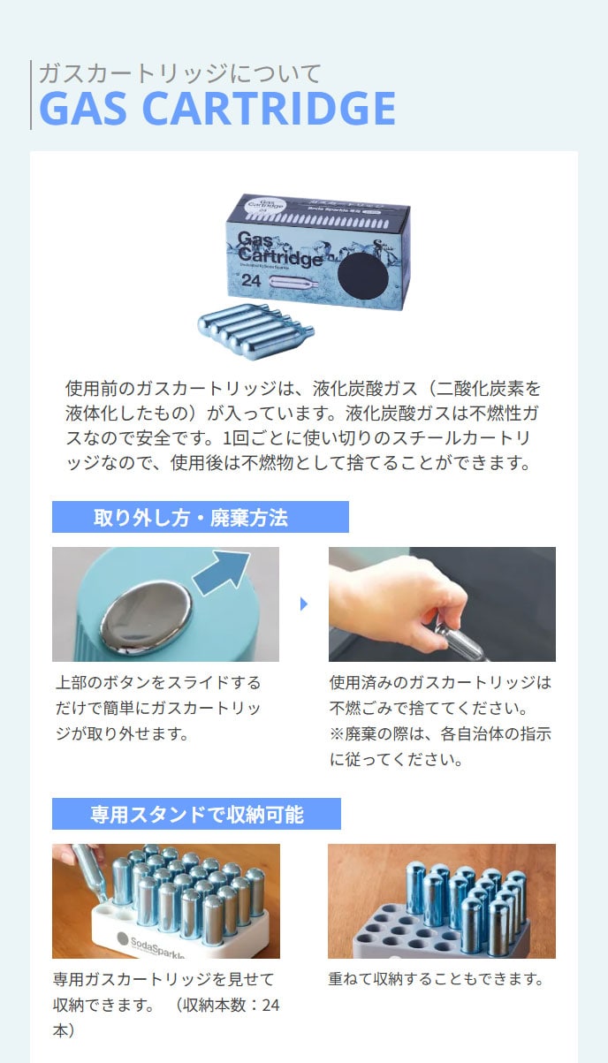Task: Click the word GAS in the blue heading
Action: (x=84, y=108)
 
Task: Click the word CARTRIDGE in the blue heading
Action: (x=270, y=108)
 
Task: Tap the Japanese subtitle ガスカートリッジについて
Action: (x=180, y=73)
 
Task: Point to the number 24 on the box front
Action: (x=251, y=280)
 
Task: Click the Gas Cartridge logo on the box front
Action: (x=279, y=249)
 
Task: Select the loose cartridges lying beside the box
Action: (x=255, y=331)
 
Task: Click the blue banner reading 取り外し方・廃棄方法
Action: (x=201, y=517)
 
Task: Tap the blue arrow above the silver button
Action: (x=222, y=572)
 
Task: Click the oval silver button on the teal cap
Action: (x=146, y=612)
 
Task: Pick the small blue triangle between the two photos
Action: (x=304, y=604)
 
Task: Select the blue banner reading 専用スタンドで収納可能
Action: (x=196, y=814)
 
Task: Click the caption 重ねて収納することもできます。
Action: (x=436, y=978)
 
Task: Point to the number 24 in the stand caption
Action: (x=270, y=1005)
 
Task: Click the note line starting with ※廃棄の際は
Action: (x=440, y=733)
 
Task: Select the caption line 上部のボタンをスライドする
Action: (x=158, y=682)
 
